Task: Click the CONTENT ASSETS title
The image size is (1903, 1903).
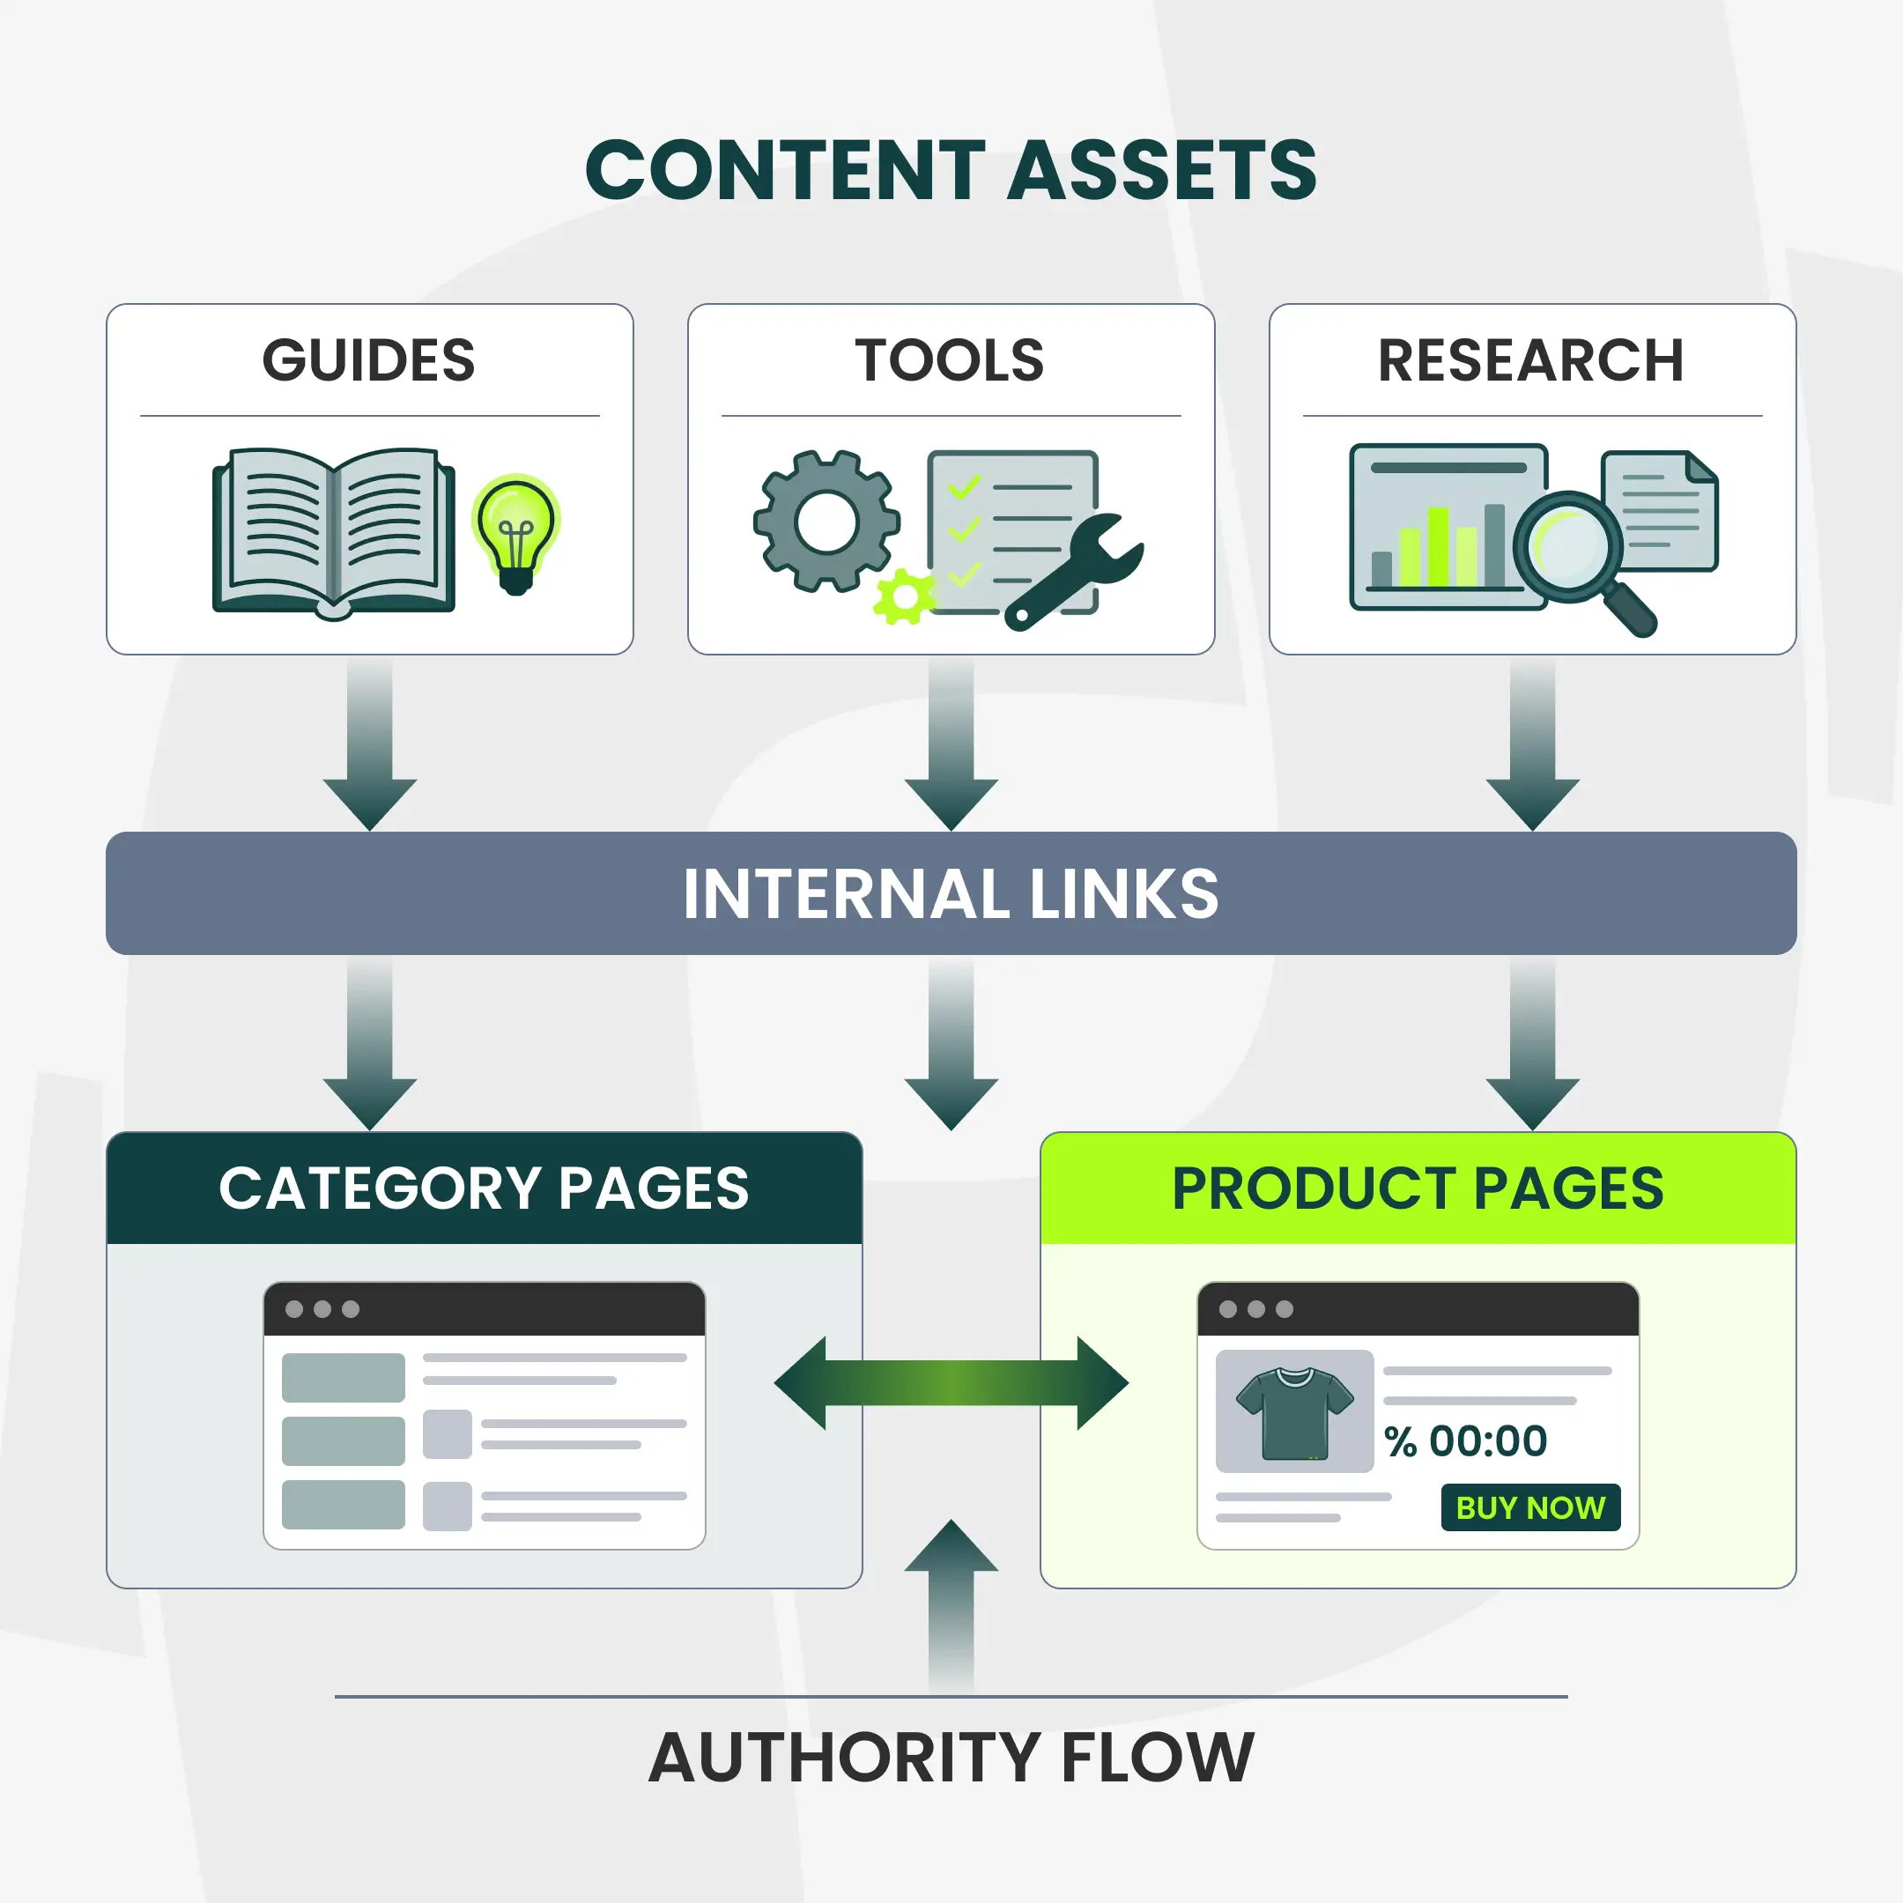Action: pyautogui.click(x=951, y=169)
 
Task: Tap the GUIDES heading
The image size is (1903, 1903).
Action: pyautogui.click(x=368, y=359)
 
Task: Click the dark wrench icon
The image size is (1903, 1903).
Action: pyautogui.click(x=1074, y=571)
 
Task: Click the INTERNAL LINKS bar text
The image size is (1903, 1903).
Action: pyautogui.click(x=951, y=893)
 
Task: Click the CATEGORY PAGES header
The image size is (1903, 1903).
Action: pyautogui.click(x=484, y=1188)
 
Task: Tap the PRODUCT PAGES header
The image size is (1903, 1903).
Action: pyautogui.click(x=1418, y=1188)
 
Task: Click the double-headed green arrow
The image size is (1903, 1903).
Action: pyautogui.click(x=951, y=1383)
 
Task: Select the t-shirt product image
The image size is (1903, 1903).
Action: pyautogui.click(x=1294, y=1411)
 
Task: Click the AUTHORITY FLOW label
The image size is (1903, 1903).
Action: pyautogui.click(x=951, y=1759)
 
